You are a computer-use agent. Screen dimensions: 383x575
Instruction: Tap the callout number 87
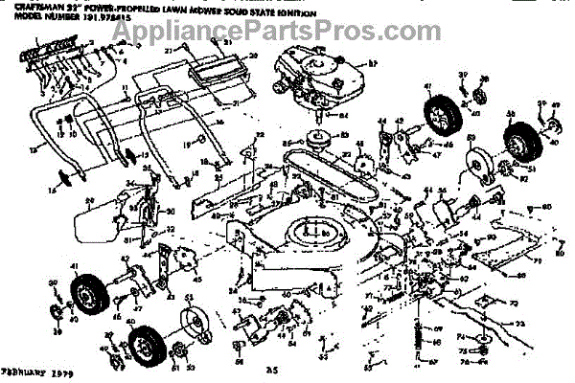tap(375, 64)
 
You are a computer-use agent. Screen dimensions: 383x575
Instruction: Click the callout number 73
tap(520, 326)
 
